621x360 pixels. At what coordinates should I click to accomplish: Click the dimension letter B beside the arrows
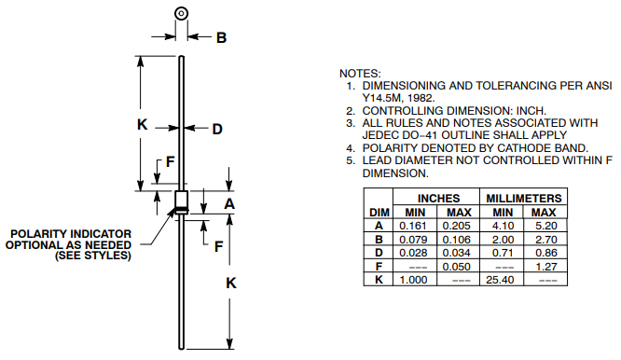[222, 37]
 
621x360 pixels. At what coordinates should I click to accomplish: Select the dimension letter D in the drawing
[216, 129]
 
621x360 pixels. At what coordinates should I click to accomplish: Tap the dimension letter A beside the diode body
[229, 203]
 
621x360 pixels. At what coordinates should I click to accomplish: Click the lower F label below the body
[218, 246]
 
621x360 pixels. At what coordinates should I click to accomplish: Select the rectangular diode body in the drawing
[181, 202]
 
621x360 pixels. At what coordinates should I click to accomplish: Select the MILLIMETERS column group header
[523, 199]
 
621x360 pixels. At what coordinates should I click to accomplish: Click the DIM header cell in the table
[379, 212]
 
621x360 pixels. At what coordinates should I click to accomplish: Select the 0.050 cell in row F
[458, 266]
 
